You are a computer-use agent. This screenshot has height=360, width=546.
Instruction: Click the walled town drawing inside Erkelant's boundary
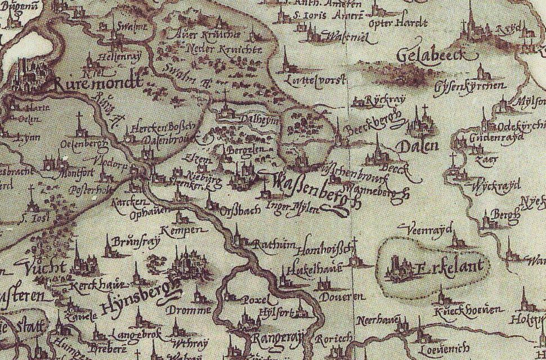(x=399, y=267)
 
